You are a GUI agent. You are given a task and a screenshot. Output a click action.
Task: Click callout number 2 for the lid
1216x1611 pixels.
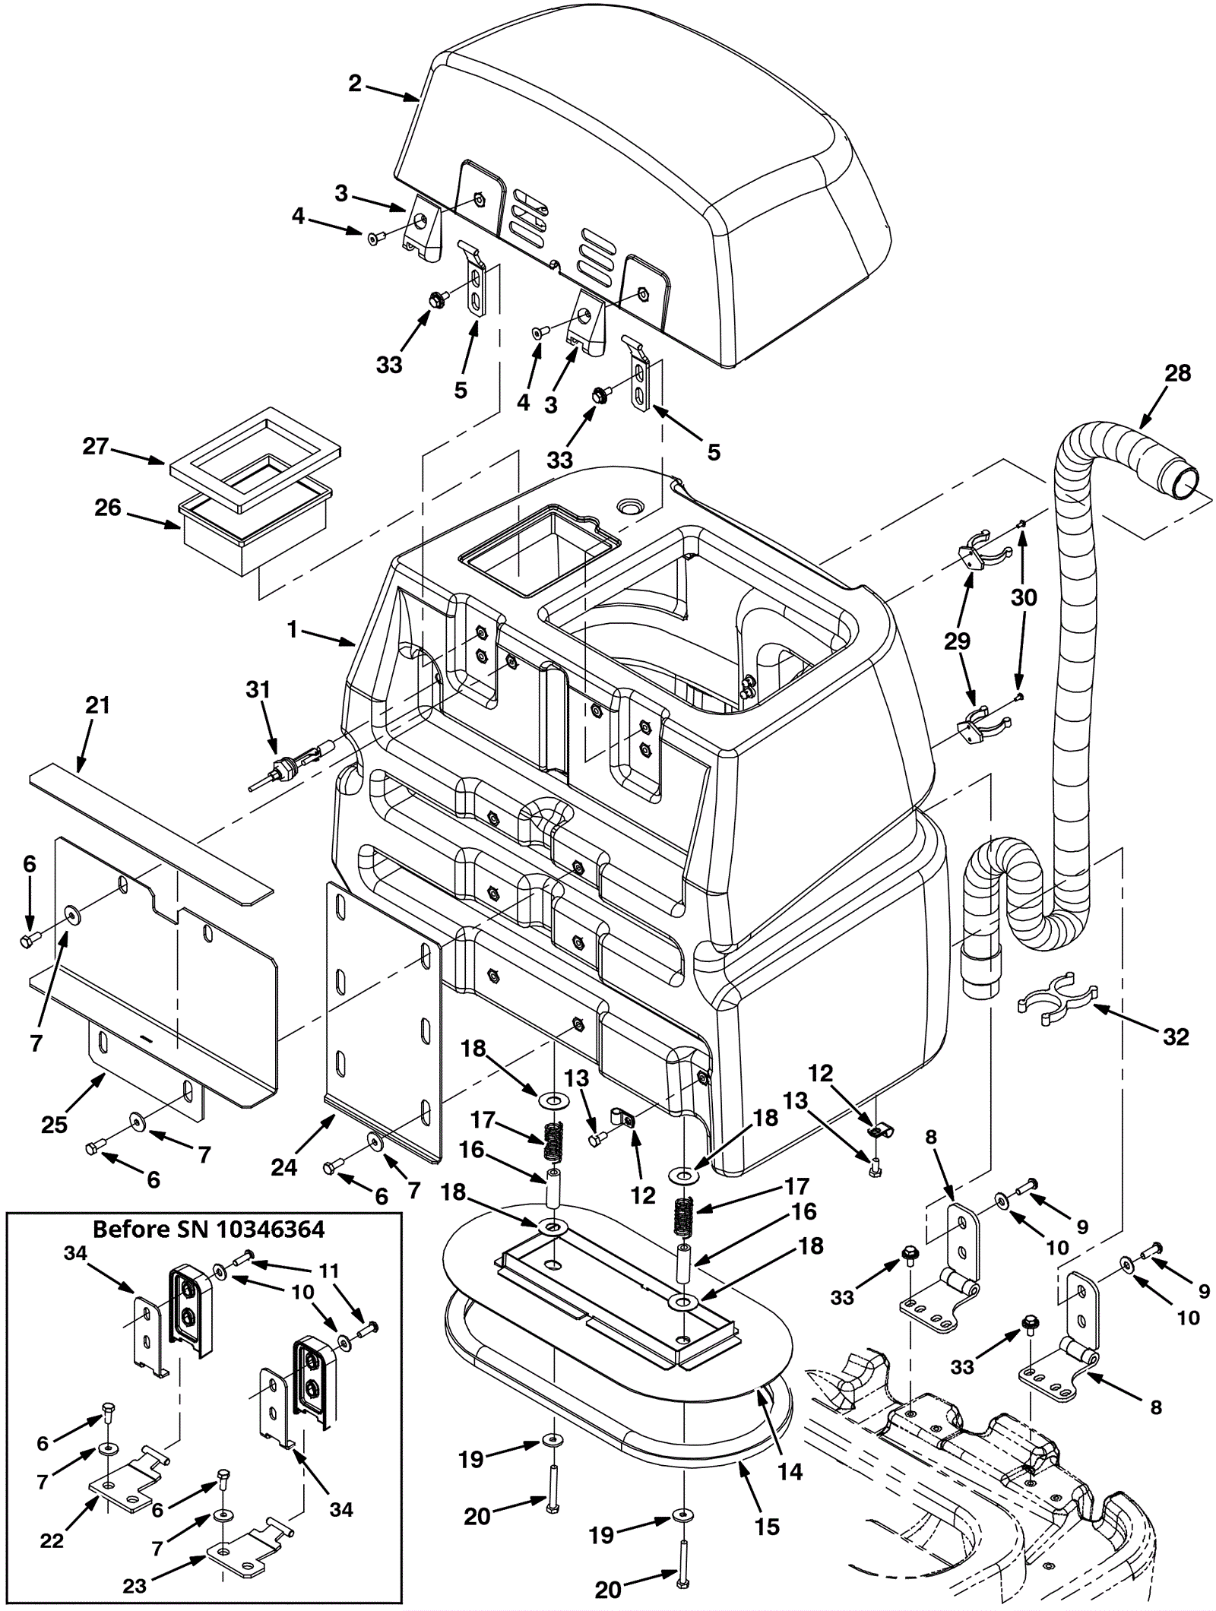(354, 83)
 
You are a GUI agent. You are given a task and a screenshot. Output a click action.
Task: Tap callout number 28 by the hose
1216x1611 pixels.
(1177, 373)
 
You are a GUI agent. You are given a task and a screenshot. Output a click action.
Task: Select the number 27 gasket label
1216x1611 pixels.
(96, 446)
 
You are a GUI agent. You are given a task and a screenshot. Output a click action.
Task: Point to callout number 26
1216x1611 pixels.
(107, 507)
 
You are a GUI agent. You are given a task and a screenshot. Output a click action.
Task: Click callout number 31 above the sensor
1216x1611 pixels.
(258, 689)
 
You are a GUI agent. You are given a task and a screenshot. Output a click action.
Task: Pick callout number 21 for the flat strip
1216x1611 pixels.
(98, 705)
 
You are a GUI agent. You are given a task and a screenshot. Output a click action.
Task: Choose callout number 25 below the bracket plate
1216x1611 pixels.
(55, 1125)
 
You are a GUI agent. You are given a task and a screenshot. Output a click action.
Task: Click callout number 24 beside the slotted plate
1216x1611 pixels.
(284, 1166)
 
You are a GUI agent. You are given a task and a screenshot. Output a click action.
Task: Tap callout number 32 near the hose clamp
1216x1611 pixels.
(1176, 1036)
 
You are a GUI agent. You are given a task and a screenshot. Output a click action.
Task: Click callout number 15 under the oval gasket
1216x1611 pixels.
(768, 1527)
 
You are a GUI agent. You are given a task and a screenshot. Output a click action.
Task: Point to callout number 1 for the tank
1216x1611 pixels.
(293, 629)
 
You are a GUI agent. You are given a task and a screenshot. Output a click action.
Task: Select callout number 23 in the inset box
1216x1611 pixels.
(135, 1586)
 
